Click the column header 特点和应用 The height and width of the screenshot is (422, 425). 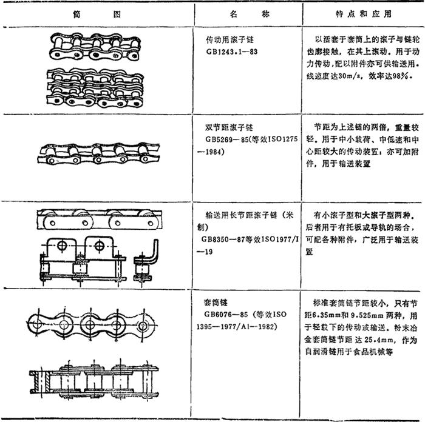pos(364,14)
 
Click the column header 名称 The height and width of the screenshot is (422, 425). pos(250,14)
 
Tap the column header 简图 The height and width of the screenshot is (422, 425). pos(97,14)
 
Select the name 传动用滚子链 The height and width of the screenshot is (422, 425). pos(229,40)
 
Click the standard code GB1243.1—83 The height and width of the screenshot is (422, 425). pos(232,52)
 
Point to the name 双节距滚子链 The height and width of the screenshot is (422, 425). pos(229,127)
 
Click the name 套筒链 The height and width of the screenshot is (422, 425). pos(216,303)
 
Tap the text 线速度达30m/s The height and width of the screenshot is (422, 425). pos(335,76)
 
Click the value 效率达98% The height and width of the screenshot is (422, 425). pos(389,76)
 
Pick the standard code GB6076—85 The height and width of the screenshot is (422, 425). pos(226,314)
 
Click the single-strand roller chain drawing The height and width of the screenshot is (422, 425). pos(95,47)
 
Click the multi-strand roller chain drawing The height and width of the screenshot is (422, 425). pos(95,88)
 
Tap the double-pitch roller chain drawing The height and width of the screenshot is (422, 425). pos(98,153)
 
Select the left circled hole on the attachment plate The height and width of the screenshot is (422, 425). pos(62,246)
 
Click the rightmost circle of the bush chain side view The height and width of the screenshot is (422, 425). pos(143,326)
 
